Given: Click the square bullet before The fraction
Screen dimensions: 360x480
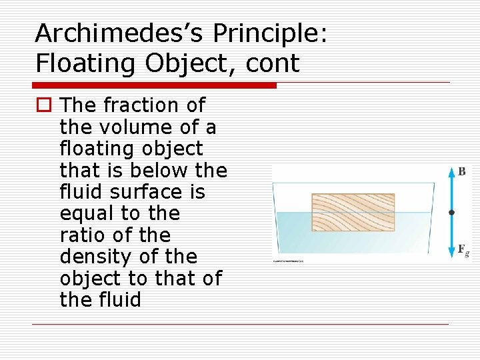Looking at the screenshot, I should coord(43,106).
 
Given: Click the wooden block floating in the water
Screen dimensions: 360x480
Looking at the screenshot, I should coord(353,212).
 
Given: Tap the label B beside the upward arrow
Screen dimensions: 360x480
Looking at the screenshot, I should coord(461,171).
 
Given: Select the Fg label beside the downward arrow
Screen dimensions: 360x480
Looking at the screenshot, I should coord(463,250).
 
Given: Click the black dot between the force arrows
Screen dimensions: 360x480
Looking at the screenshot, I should coord(451,213).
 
